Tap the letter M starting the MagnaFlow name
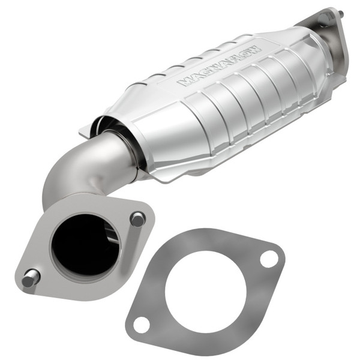pyautogui.click(x=182, y=82)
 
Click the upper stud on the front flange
pyautogui.click(x=137, y=219)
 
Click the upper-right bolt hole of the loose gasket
pyautogui.click(x=269, y=259)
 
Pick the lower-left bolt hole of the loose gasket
pyautogui.click(x=142, y=325)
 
